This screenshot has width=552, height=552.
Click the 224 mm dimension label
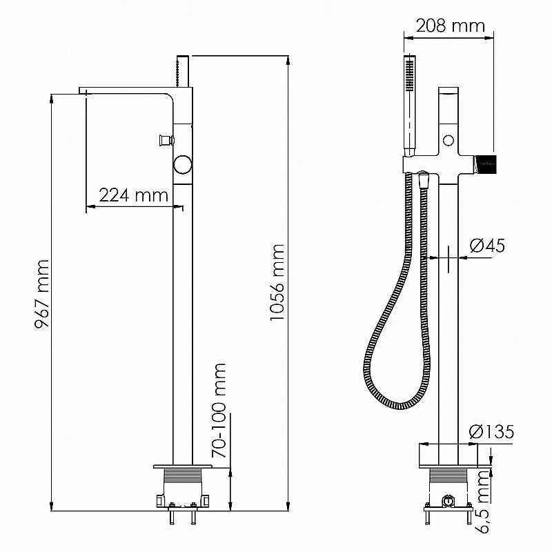(x=133, y=195)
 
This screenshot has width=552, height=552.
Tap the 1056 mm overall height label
(x=277, y=282)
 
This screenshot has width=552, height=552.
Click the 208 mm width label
(x=449, y=26)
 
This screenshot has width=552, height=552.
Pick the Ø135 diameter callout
(x=491, y=433)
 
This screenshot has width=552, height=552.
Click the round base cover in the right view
(x=448, y=455)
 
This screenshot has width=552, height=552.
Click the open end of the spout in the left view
(x=85, y=94)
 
